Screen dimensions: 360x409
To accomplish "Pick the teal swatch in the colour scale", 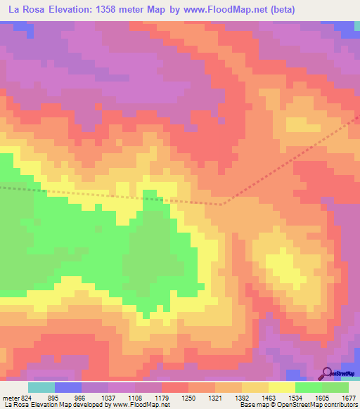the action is tap(41, 387).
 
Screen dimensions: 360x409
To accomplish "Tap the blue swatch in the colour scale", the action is tap(68, 387).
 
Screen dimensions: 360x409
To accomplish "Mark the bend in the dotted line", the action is tap(222, 204).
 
